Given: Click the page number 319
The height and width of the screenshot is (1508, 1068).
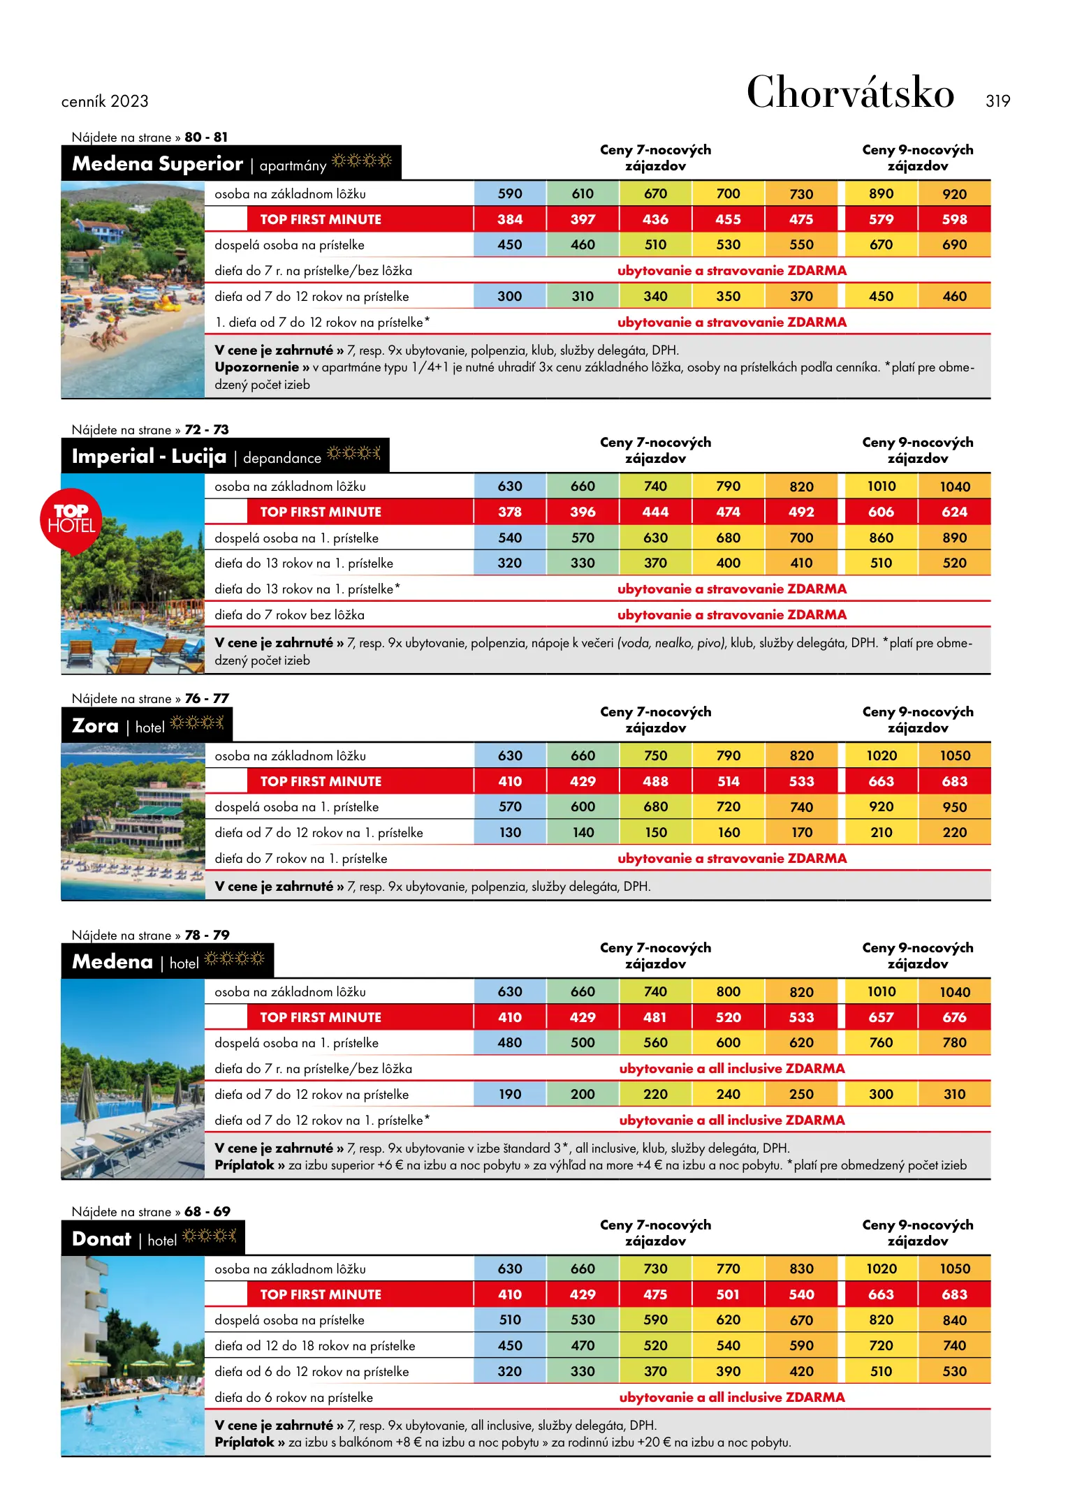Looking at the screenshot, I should [997, 101].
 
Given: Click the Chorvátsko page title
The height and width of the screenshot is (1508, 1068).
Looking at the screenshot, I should [850, 93].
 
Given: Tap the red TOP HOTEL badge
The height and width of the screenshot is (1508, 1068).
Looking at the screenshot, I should [71, 519].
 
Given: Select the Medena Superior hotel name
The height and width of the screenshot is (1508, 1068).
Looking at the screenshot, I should [158, 164].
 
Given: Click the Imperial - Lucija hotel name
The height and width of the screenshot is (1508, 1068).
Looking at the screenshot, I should [149, 457].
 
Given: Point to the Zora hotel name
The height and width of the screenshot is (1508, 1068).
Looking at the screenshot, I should [96, 726].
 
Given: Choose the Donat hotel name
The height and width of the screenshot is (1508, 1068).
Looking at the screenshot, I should [102, 1239].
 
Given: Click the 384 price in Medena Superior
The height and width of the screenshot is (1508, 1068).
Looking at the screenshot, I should [510, 219].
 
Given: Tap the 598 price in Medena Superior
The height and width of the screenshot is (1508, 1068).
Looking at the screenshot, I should [954, 219].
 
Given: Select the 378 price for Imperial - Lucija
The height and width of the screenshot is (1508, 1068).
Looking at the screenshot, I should [510, 512].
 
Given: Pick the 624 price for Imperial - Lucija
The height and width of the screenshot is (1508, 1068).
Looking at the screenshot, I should [954, 512].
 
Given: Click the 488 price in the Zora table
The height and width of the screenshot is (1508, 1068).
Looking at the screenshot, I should [655, 781].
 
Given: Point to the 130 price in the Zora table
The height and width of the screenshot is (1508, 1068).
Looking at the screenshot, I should [510, 832].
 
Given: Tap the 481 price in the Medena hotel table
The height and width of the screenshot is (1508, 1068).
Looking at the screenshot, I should [655, 1017].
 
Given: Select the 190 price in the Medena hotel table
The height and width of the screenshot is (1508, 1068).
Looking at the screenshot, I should [510, 1094].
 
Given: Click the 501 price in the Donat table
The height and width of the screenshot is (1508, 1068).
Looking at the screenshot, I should [728, 1294].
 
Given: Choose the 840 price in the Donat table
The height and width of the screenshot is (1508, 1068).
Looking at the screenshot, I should [954, 1320].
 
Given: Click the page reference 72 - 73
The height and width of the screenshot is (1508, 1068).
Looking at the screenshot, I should [207, 429].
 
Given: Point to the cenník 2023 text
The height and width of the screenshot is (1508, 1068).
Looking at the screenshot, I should [105, 101].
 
